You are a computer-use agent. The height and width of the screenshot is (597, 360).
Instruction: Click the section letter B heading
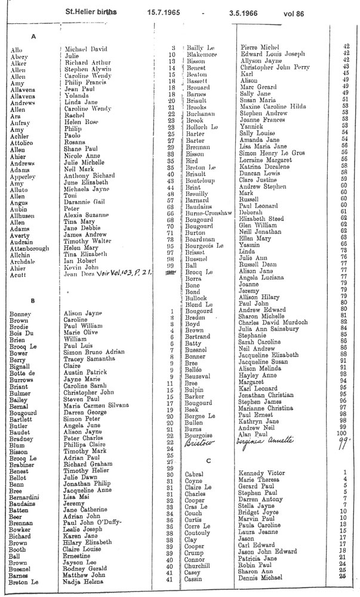click(33, 300)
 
